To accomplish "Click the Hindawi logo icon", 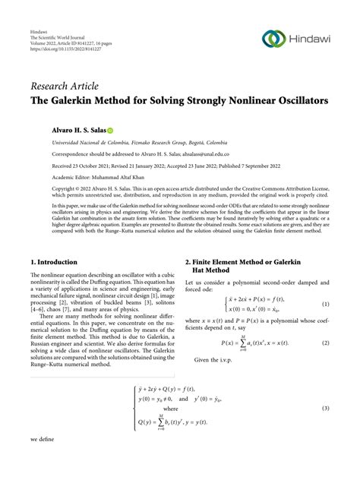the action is point(273,39).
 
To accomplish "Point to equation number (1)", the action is point(325,283).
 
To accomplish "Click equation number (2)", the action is point(325,321).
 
